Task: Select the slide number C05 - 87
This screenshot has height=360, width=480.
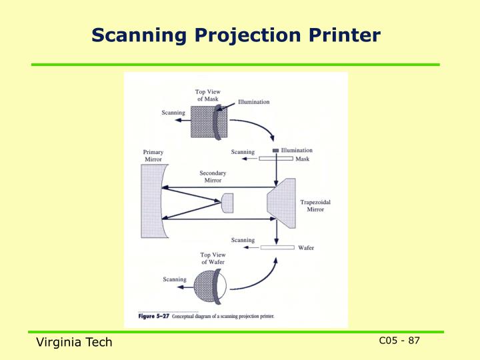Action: click(x=399, y=341)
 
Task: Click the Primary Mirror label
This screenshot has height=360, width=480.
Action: click(x=153, y=156)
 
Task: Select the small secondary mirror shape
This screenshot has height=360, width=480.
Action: click(x=227, y=203)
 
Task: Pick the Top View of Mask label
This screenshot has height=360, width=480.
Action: click(x=207, y=95)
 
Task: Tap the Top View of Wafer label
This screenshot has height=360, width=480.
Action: click(x=213, y=259)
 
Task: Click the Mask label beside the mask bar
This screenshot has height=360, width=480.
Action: click(x=302, y=158)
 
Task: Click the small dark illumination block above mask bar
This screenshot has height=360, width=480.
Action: click(x=276, y=150)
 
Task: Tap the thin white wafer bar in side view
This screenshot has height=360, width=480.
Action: click(x=277, y=247)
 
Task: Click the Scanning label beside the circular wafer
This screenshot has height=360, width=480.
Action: click(x=175, y=279)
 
